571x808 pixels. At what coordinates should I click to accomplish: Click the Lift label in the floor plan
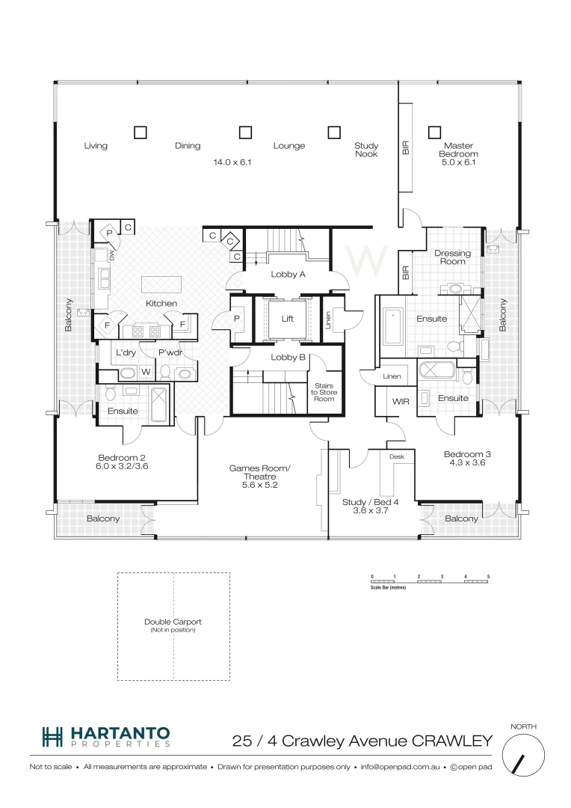pyautogui.click(x=287, y=319)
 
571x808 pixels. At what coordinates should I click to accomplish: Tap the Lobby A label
pyautogui.click(x=288, y=275)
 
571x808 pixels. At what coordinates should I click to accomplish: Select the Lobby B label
pyautogui.click(x=288, y=358)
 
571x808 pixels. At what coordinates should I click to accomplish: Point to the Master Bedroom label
pyautogui.click(x=460, y=153)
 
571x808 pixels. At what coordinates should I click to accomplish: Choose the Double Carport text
pyautogui.click(x=173, y=622)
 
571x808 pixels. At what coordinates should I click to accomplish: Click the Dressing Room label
pyautogui.click(x=452, y=257)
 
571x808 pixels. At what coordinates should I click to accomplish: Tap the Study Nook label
pyautogui.click(x=366, y=150)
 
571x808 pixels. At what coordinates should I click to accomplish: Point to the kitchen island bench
pyautogui.click(x=162, y=285)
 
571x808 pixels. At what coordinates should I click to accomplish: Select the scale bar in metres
pyautogui.click(x=430, y=581)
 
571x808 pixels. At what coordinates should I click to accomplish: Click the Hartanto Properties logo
pyautogui.click(x=105, y=737)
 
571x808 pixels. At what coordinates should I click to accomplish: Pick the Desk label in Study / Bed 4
pyautogui.click(x=396, y=456)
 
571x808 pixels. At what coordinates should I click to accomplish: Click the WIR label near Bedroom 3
pyautogui.click(x=400, y=402)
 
